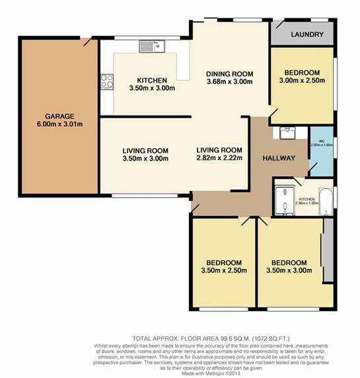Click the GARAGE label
click(59, 116)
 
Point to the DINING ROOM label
click(229, 73)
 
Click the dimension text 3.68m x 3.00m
click(229, 83)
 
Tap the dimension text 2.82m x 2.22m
click(219, 158)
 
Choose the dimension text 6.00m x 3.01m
click(59, 125)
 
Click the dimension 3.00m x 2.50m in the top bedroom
click(302, 82)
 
